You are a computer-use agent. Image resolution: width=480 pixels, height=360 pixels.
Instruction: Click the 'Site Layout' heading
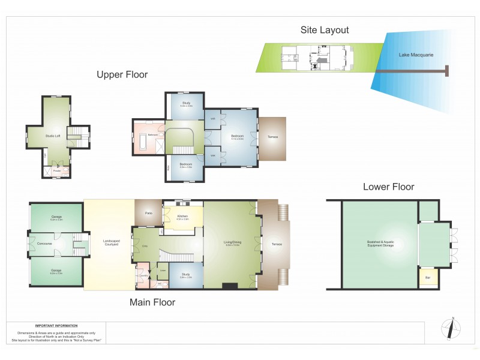[325, 30]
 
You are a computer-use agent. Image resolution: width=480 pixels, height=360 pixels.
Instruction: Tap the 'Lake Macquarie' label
[416, 55]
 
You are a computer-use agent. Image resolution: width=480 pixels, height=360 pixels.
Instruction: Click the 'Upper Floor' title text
[122, 74]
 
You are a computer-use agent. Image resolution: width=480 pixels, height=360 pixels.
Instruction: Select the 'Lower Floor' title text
[388, 187]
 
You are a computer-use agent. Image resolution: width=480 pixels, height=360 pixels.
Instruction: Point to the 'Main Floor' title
[152, 302]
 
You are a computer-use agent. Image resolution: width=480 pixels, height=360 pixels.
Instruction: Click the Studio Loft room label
[53, 136]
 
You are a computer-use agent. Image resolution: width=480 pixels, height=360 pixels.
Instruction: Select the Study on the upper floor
[186, 104]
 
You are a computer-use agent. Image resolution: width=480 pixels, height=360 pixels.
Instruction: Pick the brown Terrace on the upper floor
[273, 137]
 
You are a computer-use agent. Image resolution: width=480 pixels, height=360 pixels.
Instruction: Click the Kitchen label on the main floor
[183, 217]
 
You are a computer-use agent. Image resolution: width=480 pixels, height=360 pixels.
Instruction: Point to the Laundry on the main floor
[144, 275]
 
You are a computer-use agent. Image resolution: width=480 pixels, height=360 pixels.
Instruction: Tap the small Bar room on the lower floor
[428, 278]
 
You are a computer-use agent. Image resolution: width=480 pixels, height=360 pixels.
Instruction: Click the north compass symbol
[452, 329]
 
